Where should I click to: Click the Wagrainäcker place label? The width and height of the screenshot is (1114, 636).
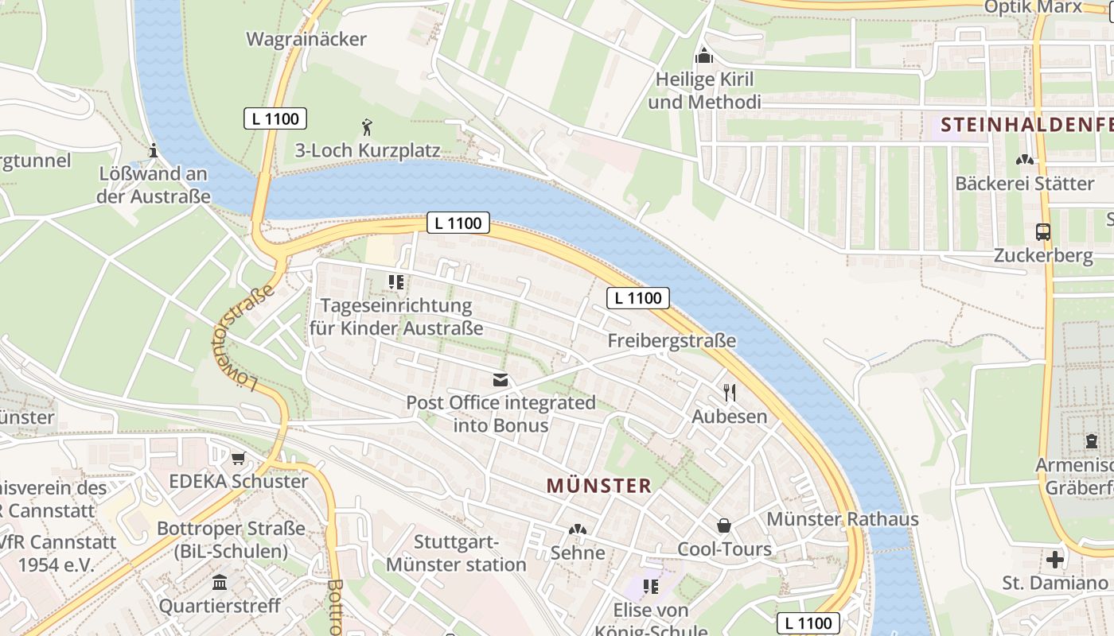click(x=306, y=39)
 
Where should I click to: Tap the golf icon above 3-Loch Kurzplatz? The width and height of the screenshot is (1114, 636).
click(x=367, y=126)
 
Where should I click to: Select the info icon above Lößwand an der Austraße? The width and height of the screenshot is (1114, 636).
click(x=154, y=150)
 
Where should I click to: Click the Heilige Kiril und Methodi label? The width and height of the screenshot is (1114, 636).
click(x=704, y=91)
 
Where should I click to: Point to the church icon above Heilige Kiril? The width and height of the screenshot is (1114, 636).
click(x=704, y=56)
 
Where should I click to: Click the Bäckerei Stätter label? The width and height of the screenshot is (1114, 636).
click(x=1025, y=184)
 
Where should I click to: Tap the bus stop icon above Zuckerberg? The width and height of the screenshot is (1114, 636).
click(x=1042, y=232)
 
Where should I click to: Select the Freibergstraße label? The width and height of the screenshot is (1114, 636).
click(x=672, y=341)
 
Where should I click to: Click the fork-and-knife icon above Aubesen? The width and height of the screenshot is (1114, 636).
click(x=730, y=392)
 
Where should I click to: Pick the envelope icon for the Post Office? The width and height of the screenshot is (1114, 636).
click(x=501, y=380)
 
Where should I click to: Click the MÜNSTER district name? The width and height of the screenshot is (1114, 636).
click(x=599, y=486)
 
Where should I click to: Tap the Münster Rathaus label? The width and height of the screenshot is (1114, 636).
click(x=843, y=519)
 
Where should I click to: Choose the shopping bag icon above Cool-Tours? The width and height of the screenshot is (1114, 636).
click(x=724, y=525)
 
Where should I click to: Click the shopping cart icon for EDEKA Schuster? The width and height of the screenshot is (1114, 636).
click(x=238, y=458)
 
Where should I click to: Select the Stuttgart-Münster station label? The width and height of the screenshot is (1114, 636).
click(x=456, y=553)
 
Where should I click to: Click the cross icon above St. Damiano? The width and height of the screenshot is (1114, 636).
click(x=1055, y=560)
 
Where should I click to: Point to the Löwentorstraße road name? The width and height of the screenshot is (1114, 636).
click(x=244, y=336)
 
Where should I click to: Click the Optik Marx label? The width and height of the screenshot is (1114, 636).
click(x=1033, y=7)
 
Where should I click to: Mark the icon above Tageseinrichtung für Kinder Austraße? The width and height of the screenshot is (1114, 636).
click(x=395, y=281)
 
